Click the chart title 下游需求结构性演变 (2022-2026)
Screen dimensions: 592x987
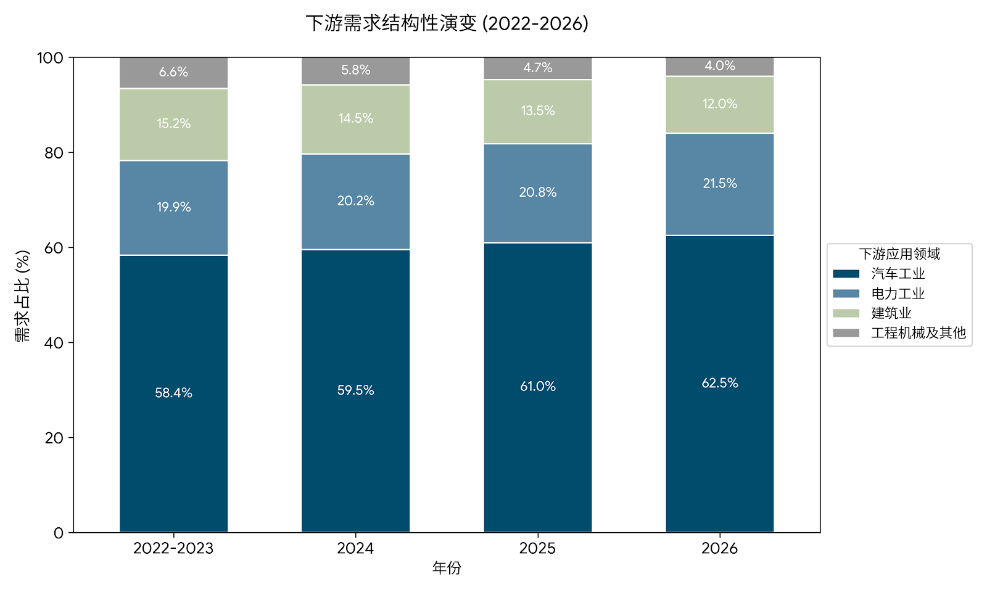pyautogui.click(x=447, y=23)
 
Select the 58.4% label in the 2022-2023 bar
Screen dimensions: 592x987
pyautogui.click(x=173, y=393)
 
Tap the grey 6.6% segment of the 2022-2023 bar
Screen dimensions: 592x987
pyautogui.click(x=173, y=72)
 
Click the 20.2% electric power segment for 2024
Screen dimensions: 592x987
pyautogui.click(x=355, y=201)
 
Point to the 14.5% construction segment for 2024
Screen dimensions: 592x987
pyautogui.click(x=355, y=118)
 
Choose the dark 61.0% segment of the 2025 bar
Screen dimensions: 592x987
pyautogui.click(x=537, y=387)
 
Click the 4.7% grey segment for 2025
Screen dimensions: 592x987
pyautogui.click(x=537, y=68)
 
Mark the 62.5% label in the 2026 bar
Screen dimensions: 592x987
pyautogui.click(x=719, y=383)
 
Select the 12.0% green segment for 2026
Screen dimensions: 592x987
pyautogui.click(x=719, y=104)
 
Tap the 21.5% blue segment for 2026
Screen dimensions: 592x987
pyautogui.click(x=719, y=184)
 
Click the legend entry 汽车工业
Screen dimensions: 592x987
pyautogui.click(x=898, y=274)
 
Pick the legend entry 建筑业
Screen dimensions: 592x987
pyautogui.click(x=891, y=313)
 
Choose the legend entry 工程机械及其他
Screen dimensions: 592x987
pyautogui.click(x=918, y=333)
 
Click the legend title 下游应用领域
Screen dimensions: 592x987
pyautogui.click(x=899, y=254)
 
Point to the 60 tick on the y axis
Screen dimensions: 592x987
pyautogui.click(x=54, y=248)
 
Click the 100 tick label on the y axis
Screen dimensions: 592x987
pyautogui.click(x=50, y=58)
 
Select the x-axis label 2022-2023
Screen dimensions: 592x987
pyautogui.click(x=173, y=548)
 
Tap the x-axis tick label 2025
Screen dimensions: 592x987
pyautogui.click(x=537, y=548)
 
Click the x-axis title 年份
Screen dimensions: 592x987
pyautogui.click(x=447, y=568)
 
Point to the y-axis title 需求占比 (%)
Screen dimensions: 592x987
pyautogui.click(x=22, y=295)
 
